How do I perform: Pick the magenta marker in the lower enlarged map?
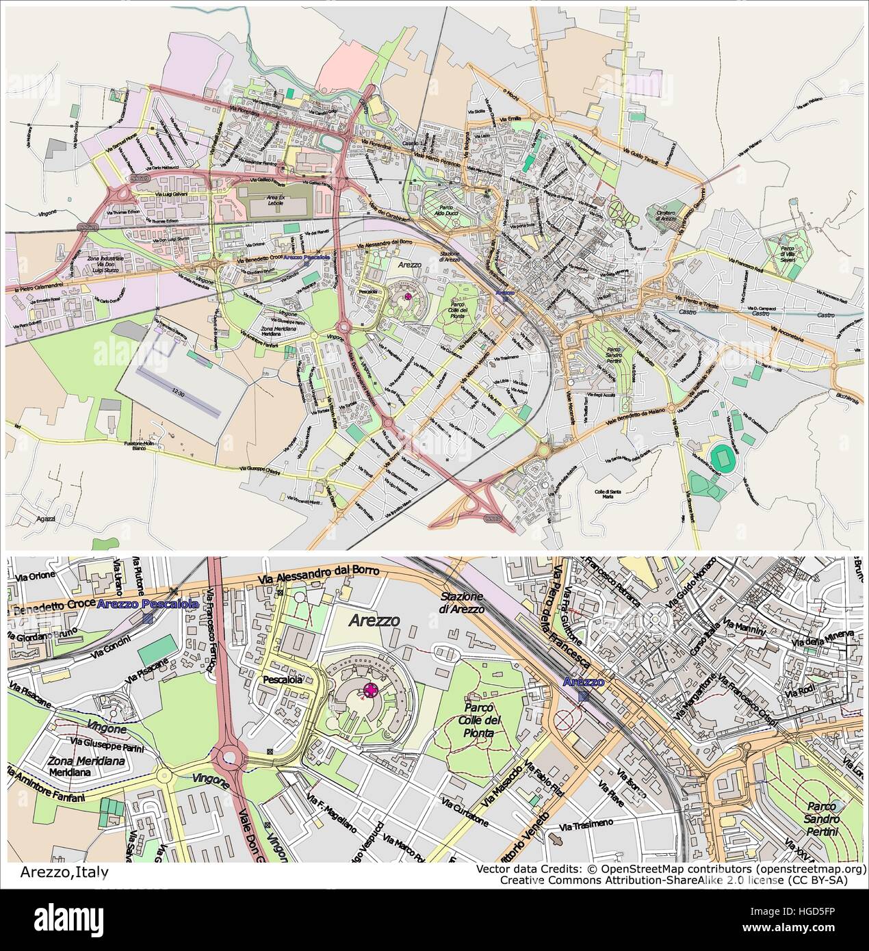(372, 690)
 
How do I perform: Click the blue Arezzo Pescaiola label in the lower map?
(148, 604)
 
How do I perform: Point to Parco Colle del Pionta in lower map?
(483, 720)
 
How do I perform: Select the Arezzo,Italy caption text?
(64, 872)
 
